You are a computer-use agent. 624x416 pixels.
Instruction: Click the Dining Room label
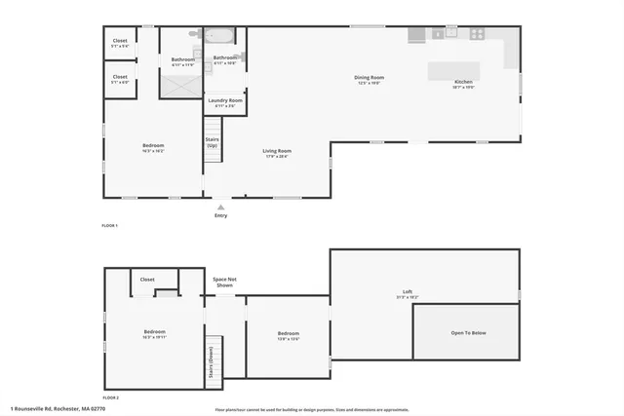[369, 78]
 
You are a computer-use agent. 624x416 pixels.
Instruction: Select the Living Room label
[277, 152]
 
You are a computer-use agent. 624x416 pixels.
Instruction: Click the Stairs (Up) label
[212, 141]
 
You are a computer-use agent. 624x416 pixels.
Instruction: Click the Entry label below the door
[221, 215]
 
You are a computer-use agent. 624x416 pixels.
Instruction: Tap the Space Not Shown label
[224, 283]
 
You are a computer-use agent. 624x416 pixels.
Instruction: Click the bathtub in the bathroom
[218, 37]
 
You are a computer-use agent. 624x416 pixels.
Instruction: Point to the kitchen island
[456, 72]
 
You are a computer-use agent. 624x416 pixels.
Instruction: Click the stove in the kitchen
[477, 33]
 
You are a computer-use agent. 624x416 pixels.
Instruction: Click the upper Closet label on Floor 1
[120, 42]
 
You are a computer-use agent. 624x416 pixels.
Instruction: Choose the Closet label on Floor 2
[147, 280]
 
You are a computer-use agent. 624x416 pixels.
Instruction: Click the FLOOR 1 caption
[109, 226]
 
